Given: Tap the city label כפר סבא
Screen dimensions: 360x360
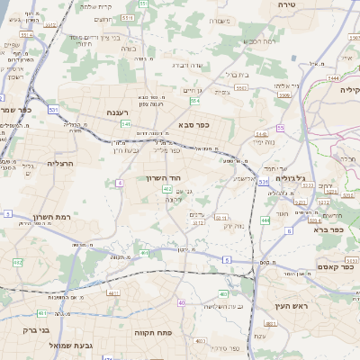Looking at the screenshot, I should point(193,124).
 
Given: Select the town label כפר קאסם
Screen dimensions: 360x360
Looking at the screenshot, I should point(334,267).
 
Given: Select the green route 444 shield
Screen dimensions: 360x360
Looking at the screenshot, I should point(265,220).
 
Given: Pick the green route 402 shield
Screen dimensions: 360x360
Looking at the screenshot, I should point(167,189).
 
